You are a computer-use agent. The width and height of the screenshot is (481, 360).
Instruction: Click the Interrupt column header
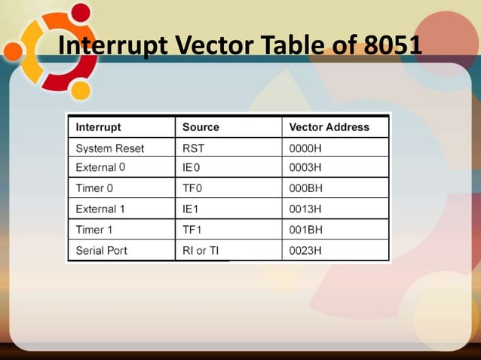(x=99, y=127)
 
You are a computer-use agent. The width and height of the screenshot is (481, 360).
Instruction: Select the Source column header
(x=201, y=127)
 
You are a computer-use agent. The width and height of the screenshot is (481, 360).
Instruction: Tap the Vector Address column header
(x=329, y=127)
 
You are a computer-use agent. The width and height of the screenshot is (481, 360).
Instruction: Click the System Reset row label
(x=110, y=148)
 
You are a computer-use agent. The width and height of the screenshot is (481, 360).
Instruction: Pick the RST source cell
(x=194, y=148)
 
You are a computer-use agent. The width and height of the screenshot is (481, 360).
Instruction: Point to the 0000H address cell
(x=305, y=148)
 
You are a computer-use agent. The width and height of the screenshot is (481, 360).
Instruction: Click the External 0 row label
(x=101, y=167)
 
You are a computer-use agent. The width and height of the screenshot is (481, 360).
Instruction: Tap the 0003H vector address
(x=305, y=167)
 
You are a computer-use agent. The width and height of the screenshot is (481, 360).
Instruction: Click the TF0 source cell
(x=193, y=188)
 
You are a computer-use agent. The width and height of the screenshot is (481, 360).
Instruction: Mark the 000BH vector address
(x=305, y=188)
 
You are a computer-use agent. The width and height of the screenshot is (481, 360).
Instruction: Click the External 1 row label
(x=101, y=209)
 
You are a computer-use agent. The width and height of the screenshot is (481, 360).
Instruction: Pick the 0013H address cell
(x=305, y=209)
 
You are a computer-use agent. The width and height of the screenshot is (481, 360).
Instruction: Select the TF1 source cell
(x=192, y=230)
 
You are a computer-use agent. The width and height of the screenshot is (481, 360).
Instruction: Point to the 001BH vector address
(x=305, y=230)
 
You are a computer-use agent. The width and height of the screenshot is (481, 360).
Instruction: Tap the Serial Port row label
(x=102, y=250)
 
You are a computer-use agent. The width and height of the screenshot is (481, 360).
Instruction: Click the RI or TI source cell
(x=201, y=250)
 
